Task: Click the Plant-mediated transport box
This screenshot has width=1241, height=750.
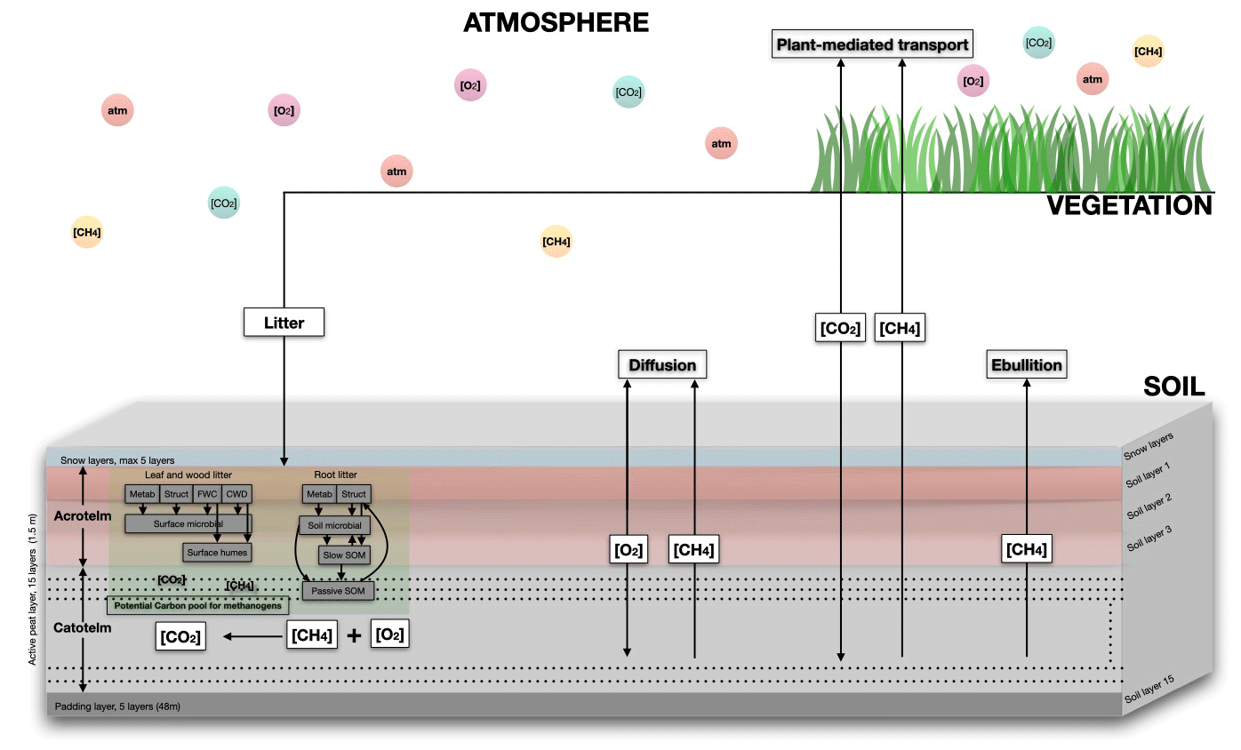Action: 872,44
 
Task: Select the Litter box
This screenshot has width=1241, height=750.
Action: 284,323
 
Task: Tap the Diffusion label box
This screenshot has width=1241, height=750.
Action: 662,365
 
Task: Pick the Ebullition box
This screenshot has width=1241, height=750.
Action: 1027,365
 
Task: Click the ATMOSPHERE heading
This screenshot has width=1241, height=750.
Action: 556,22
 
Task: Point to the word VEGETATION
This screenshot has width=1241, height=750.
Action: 1129,206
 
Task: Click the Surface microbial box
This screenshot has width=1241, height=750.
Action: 188,524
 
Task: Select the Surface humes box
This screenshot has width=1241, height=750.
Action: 217,553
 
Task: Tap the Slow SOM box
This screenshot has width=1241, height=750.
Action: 344,555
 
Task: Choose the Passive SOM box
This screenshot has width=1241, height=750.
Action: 339,590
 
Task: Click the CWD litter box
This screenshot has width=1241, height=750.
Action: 236,494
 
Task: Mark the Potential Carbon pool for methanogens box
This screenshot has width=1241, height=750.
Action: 198,606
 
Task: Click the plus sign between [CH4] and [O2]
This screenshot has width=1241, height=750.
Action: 353,636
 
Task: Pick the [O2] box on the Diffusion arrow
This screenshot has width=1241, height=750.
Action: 628,550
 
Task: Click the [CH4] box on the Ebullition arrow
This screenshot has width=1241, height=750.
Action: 1027,550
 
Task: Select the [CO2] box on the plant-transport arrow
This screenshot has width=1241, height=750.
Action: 840,329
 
